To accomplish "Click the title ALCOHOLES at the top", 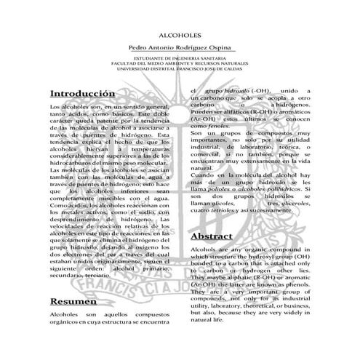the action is [x=180, y=33].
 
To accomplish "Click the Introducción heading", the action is [x=82, y=95].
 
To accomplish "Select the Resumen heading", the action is [x=73, y=301].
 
